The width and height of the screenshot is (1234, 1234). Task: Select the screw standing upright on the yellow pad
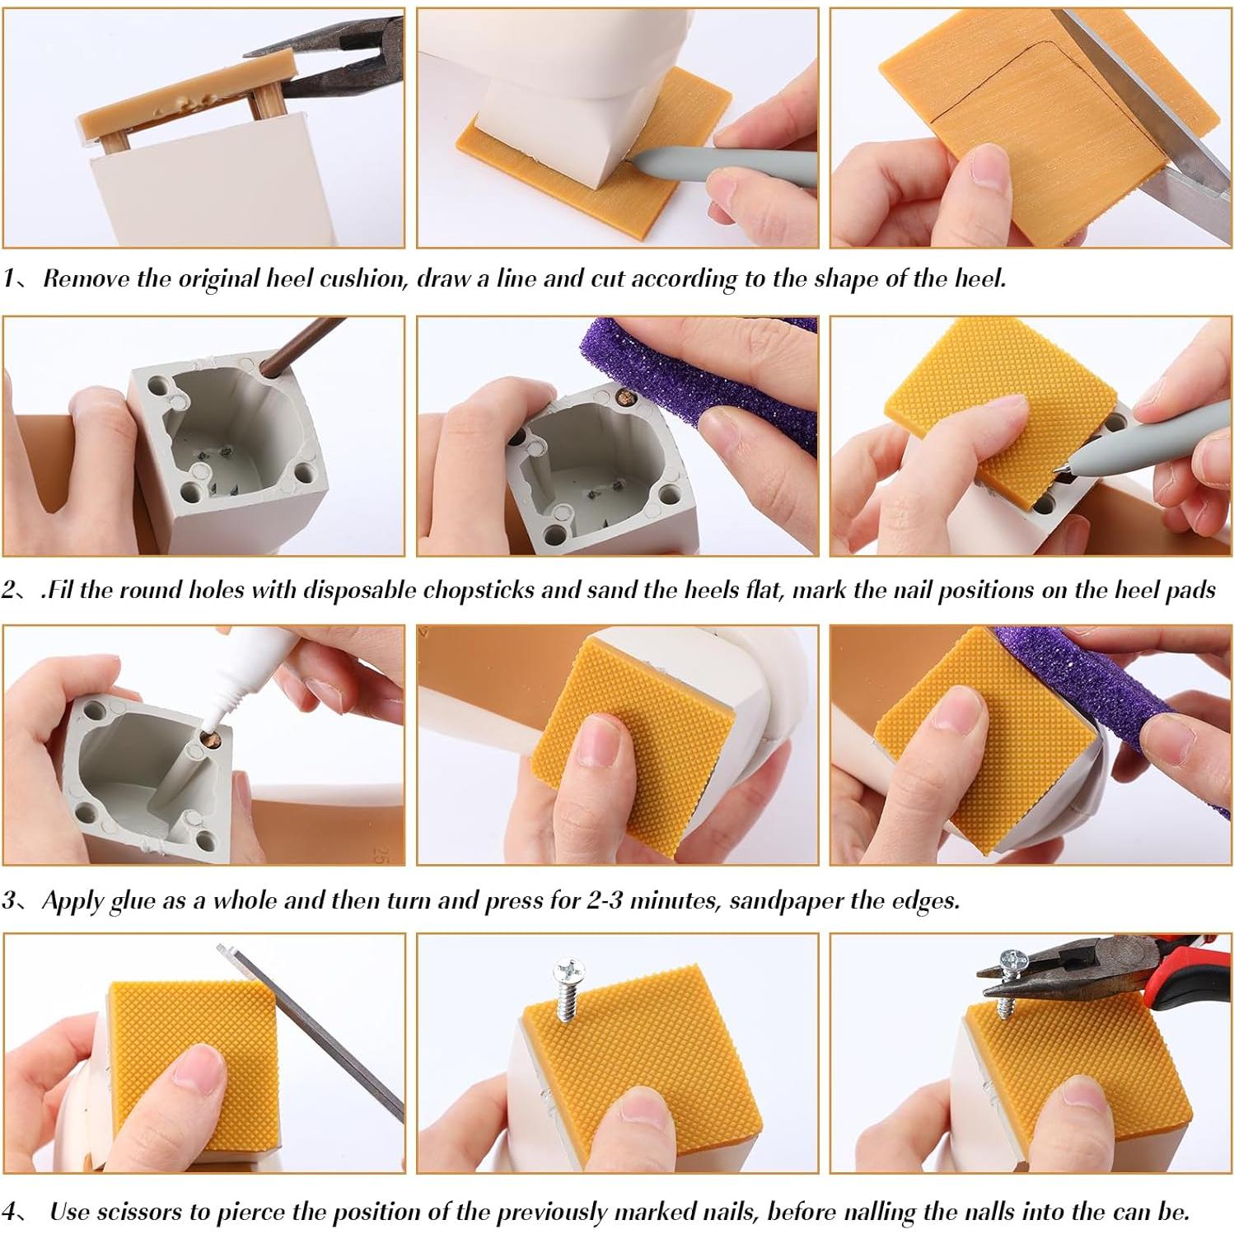[568, 989]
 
